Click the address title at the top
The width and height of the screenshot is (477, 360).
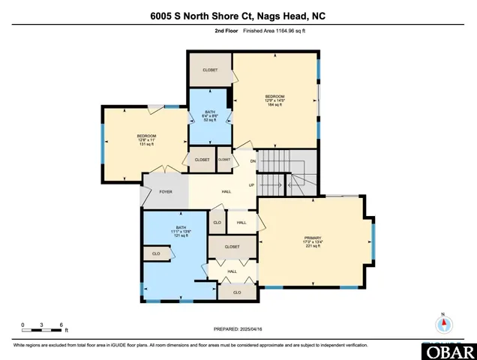(x=238, y=16)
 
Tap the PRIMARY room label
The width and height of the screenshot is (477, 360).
(x=313, y=237)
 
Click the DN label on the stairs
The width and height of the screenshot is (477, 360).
(x=253, y=161)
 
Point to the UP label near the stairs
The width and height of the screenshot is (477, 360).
(x=252, y=185)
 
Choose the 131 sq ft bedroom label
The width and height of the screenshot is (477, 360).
(x=145, y=140)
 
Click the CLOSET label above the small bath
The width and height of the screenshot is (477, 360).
(x=210, y=70)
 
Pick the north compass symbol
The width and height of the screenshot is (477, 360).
(x=444, y=324)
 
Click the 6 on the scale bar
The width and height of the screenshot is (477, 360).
(x=58, y=325)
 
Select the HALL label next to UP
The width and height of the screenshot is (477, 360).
(x=226, y=191)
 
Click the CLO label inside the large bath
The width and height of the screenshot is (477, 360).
(x=156, y=254)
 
